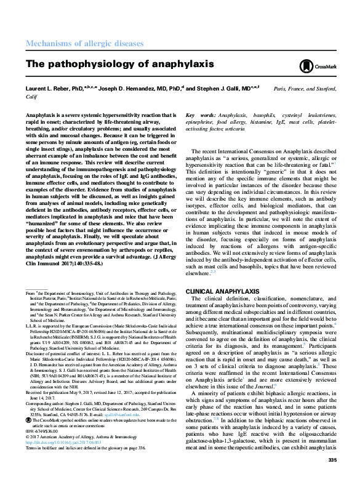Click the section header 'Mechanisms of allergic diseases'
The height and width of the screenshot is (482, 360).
click(x=84, y=44)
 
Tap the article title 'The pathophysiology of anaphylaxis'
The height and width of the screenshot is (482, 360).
click(x=119, y=64)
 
